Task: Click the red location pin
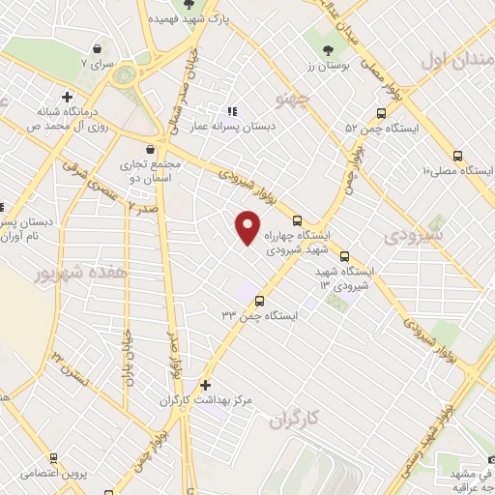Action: [x=247, y=227]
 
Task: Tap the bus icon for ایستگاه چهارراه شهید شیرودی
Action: [x=297, y=219]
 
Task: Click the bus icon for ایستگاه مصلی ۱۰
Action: [x=457, y=156]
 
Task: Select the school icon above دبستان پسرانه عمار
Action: [x=230, y=110]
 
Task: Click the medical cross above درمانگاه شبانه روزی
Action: [x=67, y=97]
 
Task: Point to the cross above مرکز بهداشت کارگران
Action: [x=204, y=384]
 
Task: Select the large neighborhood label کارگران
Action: [x=295, y=420]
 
